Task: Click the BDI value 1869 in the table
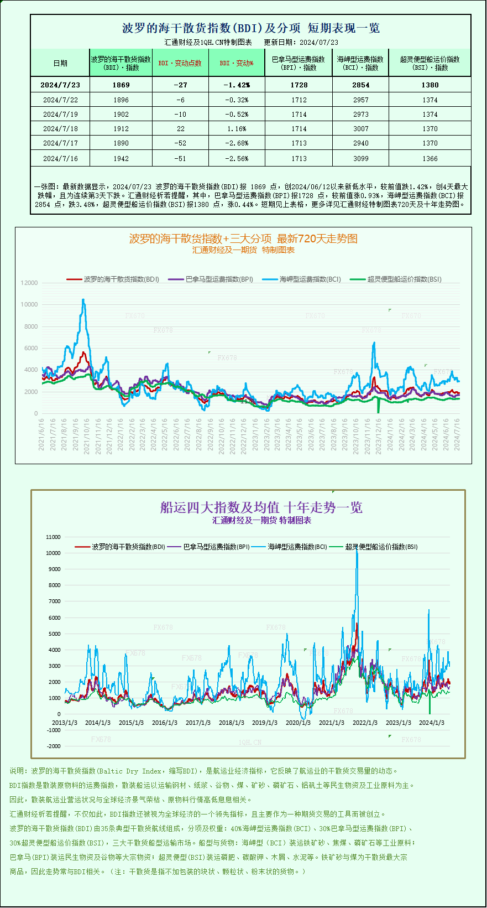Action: [121, 85]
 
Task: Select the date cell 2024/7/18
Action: [60, 128]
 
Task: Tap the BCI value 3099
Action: [360, 158]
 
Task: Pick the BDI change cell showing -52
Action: [180, 143]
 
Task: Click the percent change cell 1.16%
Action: [236, 128]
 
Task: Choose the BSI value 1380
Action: [430, 85]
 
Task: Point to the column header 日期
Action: [60, 63]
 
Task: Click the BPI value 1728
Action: [299, 85]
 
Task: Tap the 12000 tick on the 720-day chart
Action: [29, 283]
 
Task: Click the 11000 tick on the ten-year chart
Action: [53, 537]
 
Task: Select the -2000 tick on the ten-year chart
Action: [53, 746]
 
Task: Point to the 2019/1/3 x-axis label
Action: [265, 723]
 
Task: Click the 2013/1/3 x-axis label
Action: [65, 723]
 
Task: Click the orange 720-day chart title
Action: [243, 238]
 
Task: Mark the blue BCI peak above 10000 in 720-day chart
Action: [83, 300]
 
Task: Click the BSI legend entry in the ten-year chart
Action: [381, 547]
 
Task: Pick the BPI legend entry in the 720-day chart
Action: [219, 279]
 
